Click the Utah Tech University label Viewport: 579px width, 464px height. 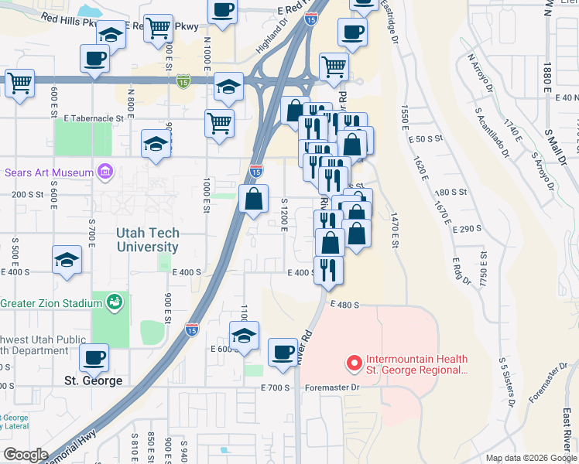(x=148, y=240)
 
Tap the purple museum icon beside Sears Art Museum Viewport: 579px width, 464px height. (x=106, y=172)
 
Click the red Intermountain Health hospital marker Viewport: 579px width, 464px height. (x=355, y=362)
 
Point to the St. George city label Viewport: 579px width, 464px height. (x=93, y=380)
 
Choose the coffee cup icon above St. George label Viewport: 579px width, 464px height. (x=94, y=357)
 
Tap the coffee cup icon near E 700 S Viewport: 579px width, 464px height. (x=283, y=353)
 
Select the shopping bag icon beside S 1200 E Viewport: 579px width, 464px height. (x=254, y=199)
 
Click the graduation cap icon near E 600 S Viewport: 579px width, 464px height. (x=244, y=336)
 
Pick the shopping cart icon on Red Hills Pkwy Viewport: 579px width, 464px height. (x=159, y=29)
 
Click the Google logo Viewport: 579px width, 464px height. (x=26, y=455)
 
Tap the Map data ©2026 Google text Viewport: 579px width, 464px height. (x=530, y=458)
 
